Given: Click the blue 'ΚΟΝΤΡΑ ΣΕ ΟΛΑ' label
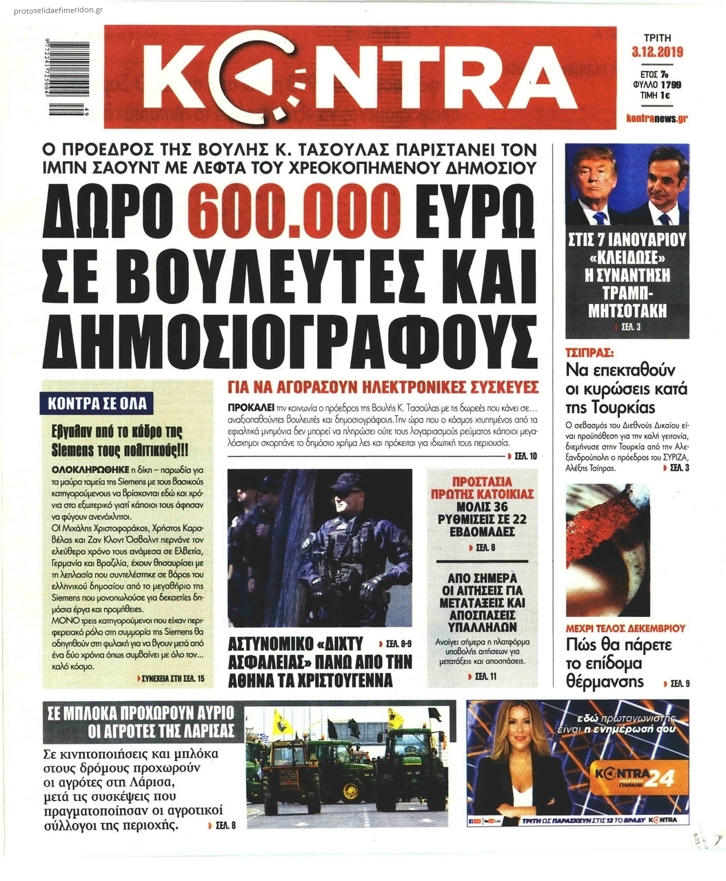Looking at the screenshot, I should click(x=97, y=403).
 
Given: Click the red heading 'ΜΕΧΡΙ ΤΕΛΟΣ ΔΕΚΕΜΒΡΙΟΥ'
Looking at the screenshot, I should click(x=625, y=629).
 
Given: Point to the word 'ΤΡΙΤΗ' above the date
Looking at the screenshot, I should click(x=656, y=38).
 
